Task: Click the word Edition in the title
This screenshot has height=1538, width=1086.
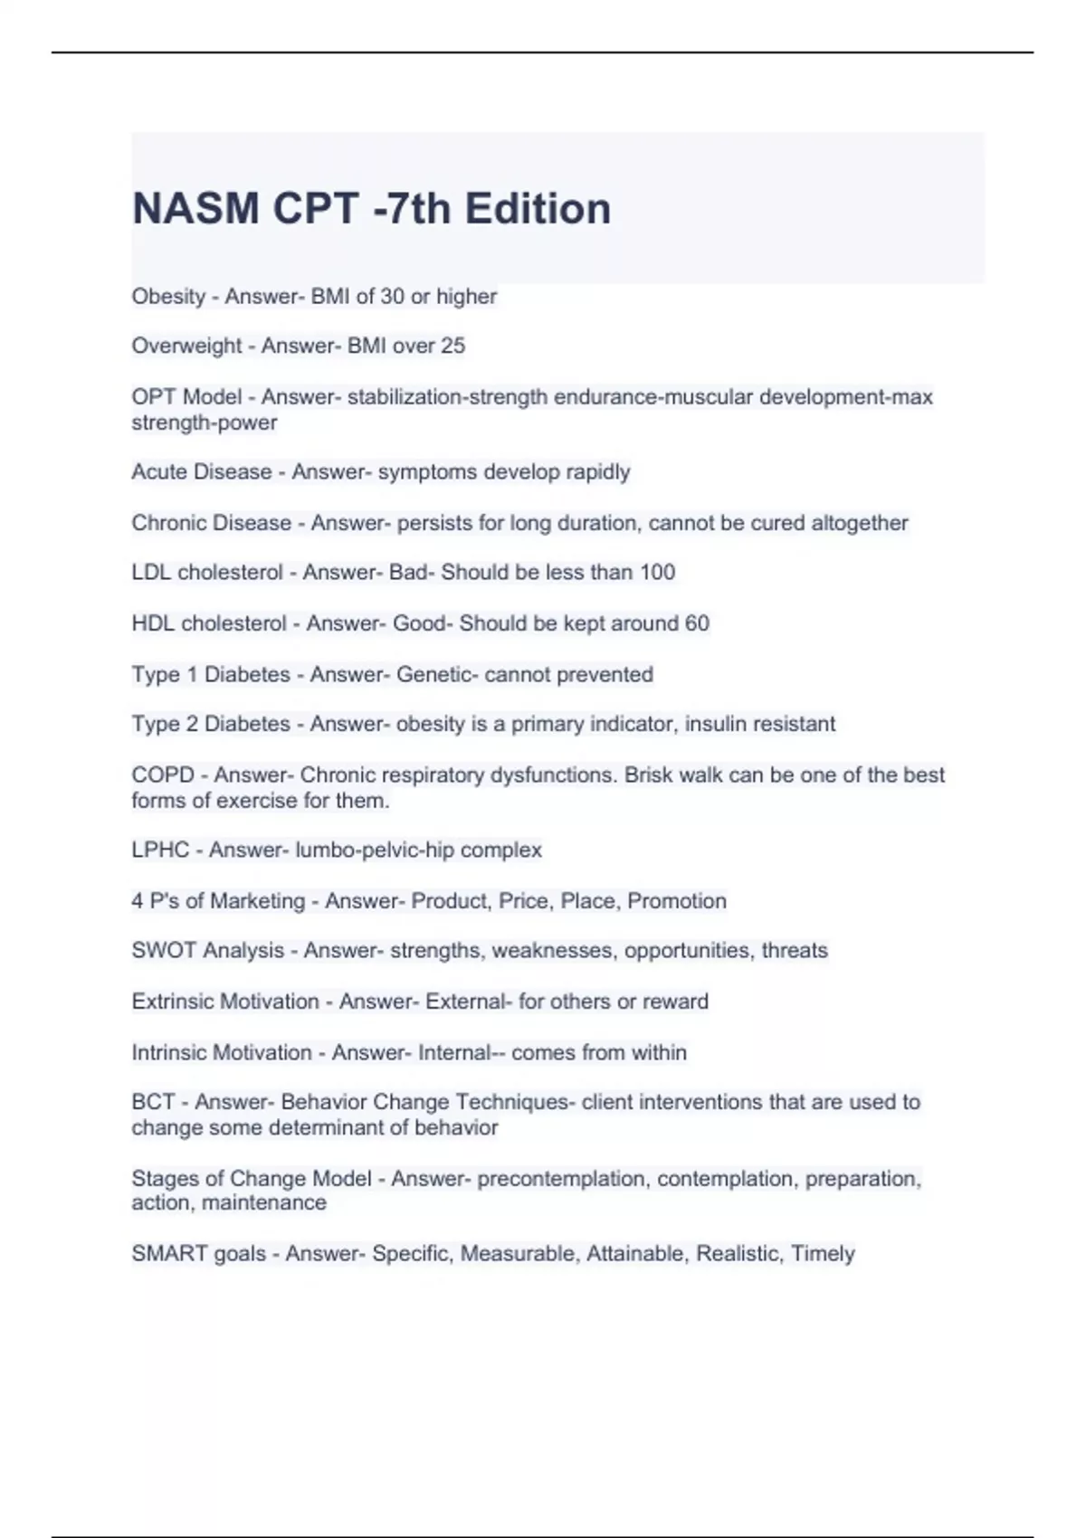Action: (538, 209)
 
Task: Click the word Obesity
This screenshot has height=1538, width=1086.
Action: (168, 297)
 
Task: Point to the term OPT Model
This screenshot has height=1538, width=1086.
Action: (186, 397)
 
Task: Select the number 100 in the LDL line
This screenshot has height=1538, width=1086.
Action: (657, 573)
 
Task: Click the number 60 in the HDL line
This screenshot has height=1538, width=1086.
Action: (697, 623)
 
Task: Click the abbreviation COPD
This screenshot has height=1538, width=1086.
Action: (163, 775)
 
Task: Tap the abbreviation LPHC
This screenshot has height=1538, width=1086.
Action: (160, 850)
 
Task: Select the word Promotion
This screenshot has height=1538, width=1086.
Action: (677, 901)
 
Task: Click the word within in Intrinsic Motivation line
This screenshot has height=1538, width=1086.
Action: (660, 1053)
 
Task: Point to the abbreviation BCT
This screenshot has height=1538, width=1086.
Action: (153, 1102)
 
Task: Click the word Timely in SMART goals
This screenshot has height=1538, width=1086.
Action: (823, 1254)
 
